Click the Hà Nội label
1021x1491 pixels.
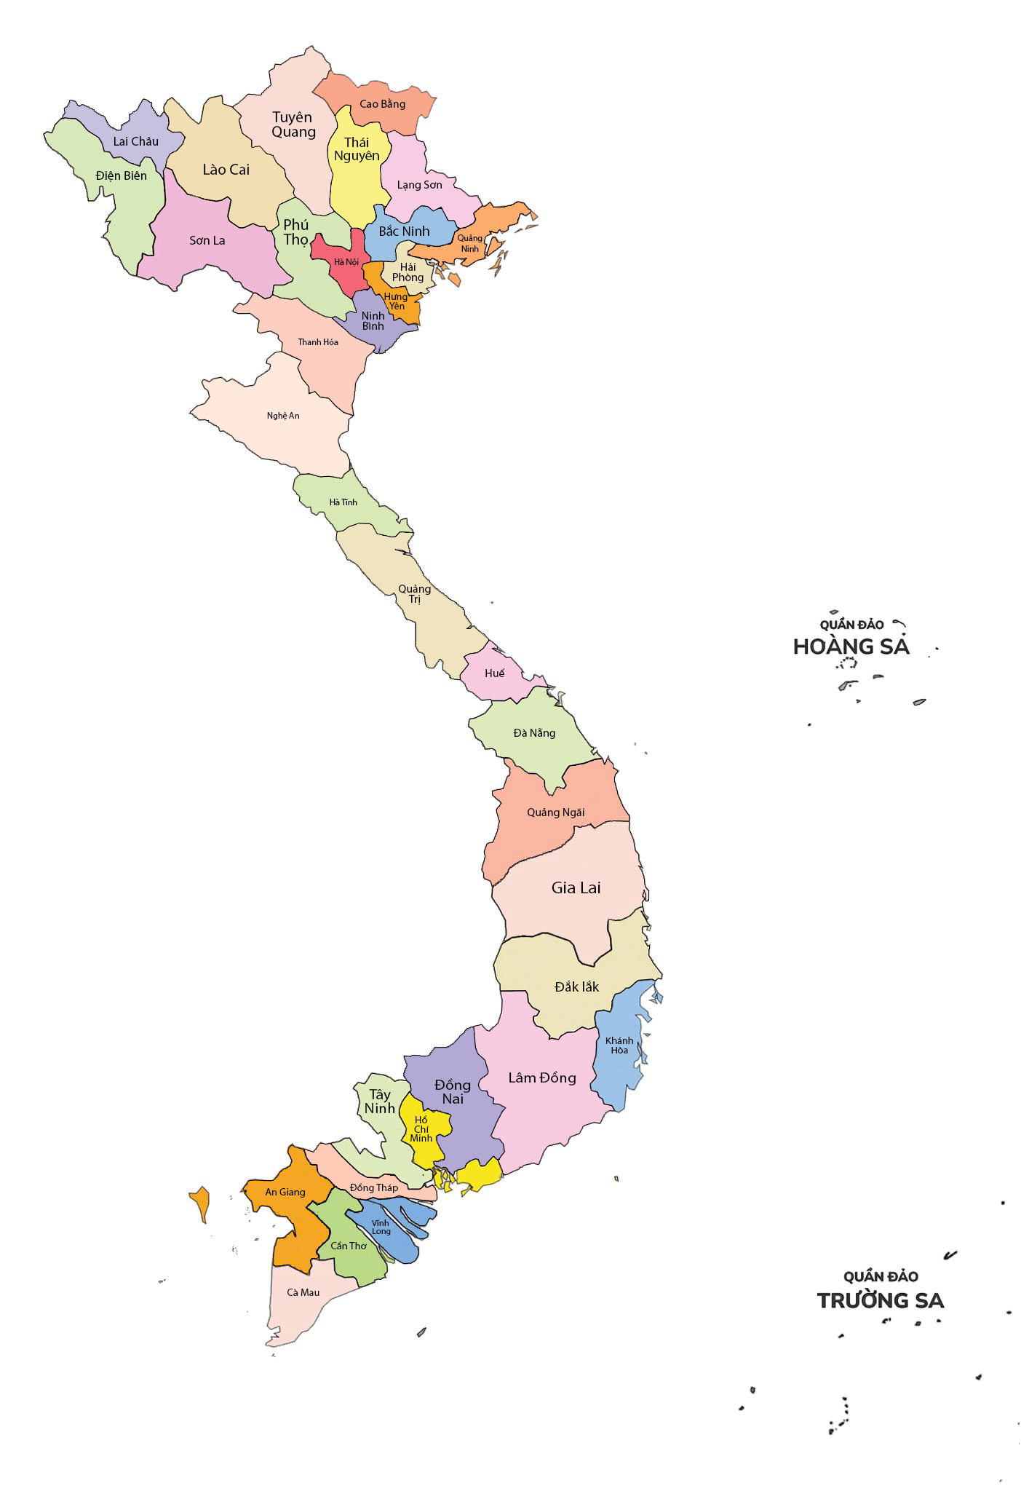coord(346,262)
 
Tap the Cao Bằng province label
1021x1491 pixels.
coord(382,104)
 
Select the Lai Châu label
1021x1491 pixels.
coord(135,141)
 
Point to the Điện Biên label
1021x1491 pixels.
coord(121,175)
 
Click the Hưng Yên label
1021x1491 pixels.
coord(396,301)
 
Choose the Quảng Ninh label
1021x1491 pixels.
coord(469,243)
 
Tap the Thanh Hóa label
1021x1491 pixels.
coord(318,342)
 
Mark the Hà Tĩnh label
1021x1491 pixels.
coord(343,502)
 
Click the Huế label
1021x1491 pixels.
coord(494,673)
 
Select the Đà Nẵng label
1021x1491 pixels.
coord(534,733)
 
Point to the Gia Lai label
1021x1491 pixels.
coord(576,887)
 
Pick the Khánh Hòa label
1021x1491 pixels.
coord(619,1045)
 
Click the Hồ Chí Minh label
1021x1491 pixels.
coord(421,1129)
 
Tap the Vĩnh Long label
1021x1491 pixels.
coord(381,1227)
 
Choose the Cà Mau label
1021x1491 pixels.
coord(303,1292)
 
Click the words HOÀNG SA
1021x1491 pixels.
coord(851,646)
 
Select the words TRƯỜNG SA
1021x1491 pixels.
coord(880,1301)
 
